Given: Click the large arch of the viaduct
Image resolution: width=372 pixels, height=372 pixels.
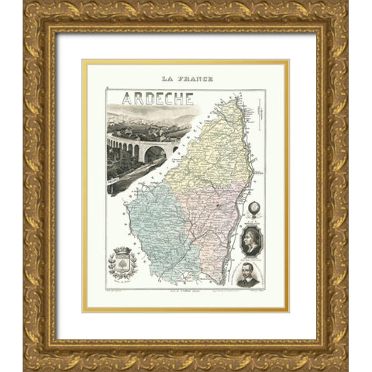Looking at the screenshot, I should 153,154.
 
